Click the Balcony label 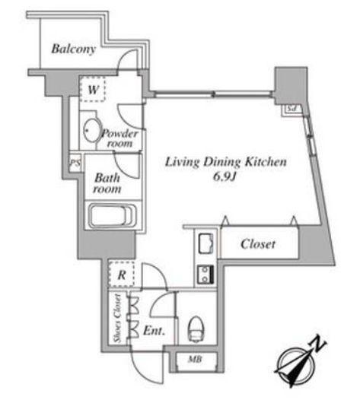[74, 49]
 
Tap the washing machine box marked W [93, 89]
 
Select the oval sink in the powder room [92, 130]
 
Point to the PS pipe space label [75, 163]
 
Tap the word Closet [258, 244]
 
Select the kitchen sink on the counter [206, 243]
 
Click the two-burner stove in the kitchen [205, 275]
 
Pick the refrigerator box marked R [121, 275]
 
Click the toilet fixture [196, 329]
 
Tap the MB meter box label [195, 360]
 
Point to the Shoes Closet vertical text [117, 319]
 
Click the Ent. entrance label [154, 331]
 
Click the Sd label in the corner [292, 109]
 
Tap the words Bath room [107, 183]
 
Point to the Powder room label [119, 138]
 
